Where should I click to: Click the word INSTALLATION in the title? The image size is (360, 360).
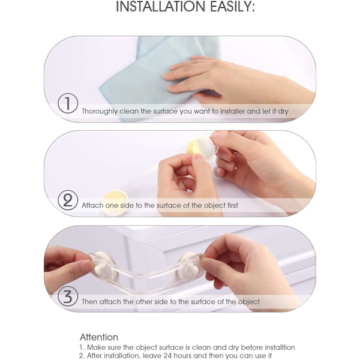pyautogui.click(x=160, y=6)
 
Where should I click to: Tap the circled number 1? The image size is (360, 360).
pyautogui.click(x=68, y=103)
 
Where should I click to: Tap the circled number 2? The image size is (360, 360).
pyautogui.click(x=68, y=200)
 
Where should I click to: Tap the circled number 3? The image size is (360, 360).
pyautogui.click(x=68, y=296)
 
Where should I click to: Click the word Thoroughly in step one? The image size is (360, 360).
pyautogui.click(x=100, y=112)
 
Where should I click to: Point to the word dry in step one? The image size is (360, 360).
pyautogui.click(x=283, y=112)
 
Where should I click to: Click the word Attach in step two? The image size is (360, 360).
pyautogui.click(x=92, y=205)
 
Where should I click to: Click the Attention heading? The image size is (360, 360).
pyautogui.click(x=99, y=337)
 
